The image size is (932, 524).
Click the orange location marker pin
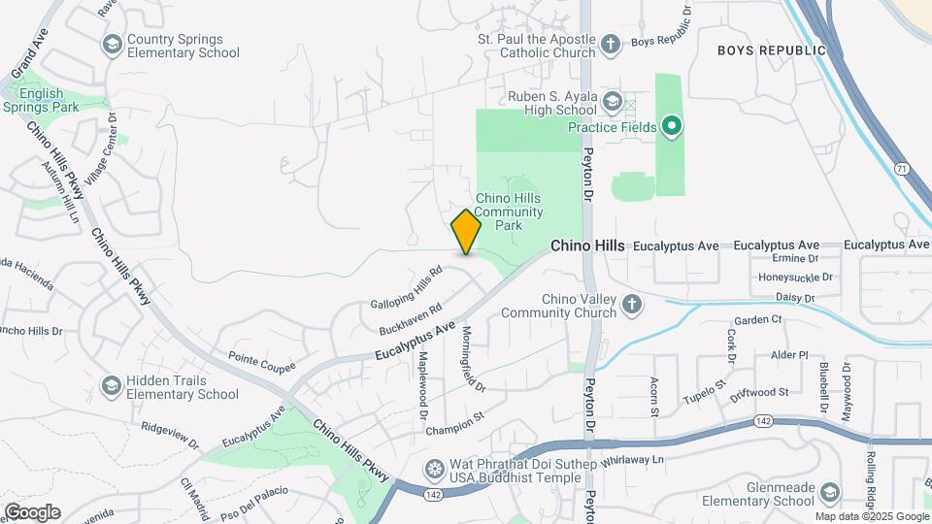[466, 232]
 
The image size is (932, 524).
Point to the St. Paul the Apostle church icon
[610, 44]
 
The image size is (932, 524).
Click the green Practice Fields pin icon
[670, 126]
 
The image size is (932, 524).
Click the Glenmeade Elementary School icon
[830, 494]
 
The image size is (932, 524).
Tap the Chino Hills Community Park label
[509, 211]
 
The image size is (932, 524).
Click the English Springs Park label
[41, 100]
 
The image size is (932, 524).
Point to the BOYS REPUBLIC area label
[771, 50]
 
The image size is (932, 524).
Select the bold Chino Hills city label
[587, 246]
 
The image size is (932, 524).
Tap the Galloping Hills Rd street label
[413, 292]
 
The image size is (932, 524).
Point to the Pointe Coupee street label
[261, 365]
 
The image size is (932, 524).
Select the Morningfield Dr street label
[472, 358]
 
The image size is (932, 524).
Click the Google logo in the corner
[32, 511]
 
